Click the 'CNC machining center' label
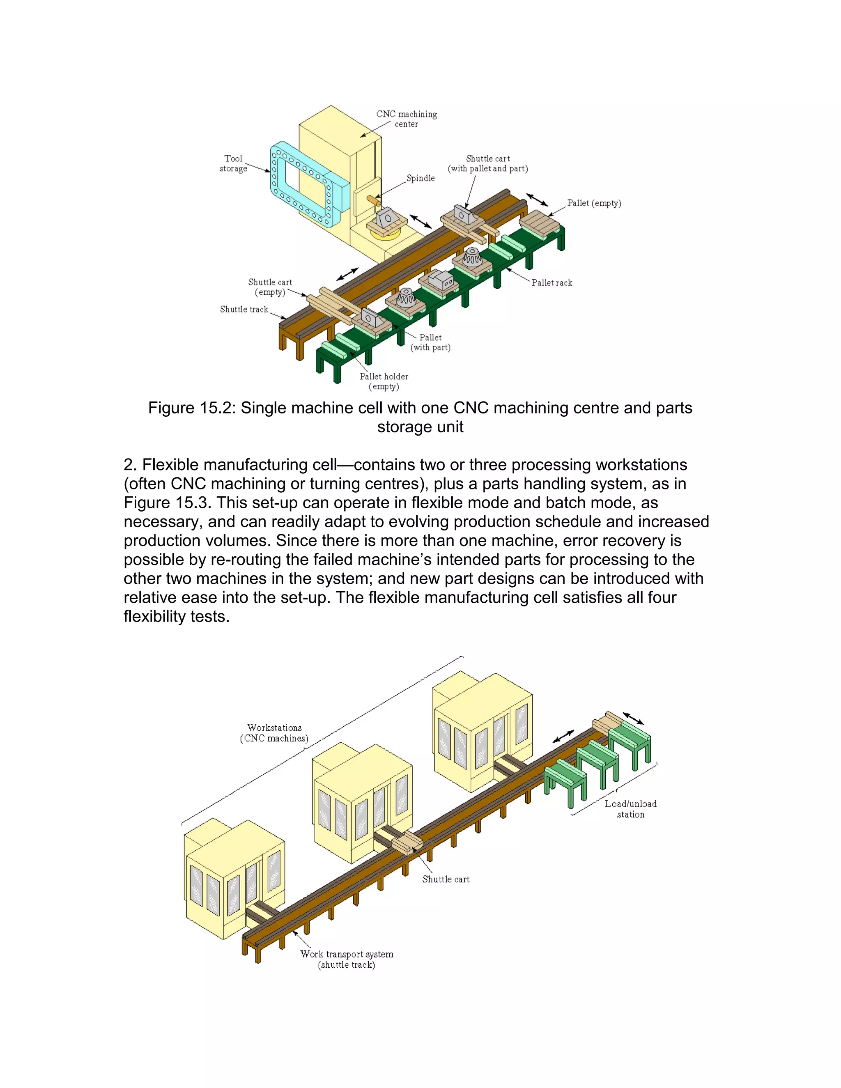[407, 119]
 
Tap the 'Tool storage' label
[233, 163]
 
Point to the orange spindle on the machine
[373, 200]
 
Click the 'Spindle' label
[420, 178]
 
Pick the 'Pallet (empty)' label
[594, 203]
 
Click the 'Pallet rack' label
[551, 283]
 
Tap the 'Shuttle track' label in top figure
[244, 310]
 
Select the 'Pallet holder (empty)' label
[384, 381]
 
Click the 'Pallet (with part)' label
[430, 342]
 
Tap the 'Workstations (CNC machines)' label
[275, 733]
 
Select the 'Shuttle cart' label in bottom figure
[446, 880]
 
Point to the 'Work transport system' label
[347, 955]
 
